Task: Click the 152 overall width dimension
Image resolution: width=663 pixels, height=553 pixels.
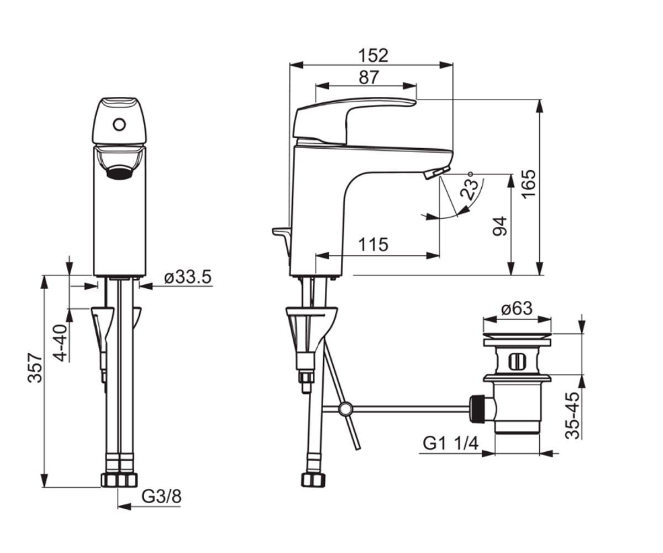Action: pyautogui.click(x=373, y=55)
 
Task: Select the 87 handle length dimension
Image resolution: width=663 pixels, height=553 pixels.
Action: pyautogui.click(x=369, y=77)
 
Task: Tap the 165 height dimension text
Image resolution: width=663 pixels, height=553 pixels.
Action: pyautogui.click(x=529, y=184)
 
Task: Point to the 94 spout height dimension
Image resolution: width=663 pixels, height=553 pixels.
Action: pyautogui.click(x=500, y=226)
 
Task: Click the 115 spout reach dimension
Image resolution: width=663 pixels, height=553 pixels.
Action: pyautogui.click(x=373, y=244)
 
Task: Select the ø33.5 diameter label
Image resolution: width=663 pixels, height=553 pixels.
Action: pyautogui.click(x=188, y=277)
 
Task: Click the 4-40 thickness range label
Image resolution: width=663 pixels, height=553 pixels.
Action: pyautogui.click(x=61, y=343)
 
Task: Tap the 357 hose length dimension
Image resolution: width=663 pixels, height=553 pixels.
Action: pyautogui.click(x=35, y=367)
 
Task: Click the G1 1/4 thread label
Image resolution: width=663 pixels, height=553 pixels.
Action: pyautogui.click(x=451, y=444)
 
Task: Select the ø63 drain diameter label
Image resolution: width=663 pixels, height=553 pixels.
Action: pyautogui.click(x=517, y=308)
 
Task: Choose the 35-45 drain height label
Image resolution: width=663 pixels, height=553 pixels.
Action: pyautogui.click(x=573, y=415)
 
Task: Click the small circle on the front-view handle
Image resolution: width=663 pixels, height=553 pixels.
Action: pyautogui.click(x=120, y=124)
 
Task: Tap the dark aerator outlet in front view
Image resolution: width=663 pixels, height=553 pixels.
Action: pyautogui.click(x=120, y=173)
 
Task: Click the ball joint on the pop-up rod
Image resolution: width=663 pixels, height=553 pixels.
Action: pyautogui.click(x=345, y=409)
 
